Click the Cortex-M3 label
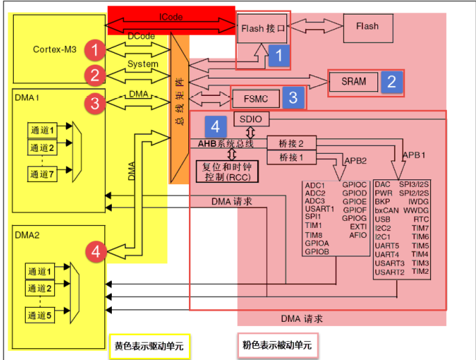pos(54,49)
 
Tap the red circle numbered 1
pos(95,49)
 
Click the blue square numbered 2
pos(391,82)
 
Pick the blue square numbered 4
pos(216,126)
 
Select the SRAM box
pos(353,81)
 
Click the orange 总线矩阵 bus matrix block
pos(179,104)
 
